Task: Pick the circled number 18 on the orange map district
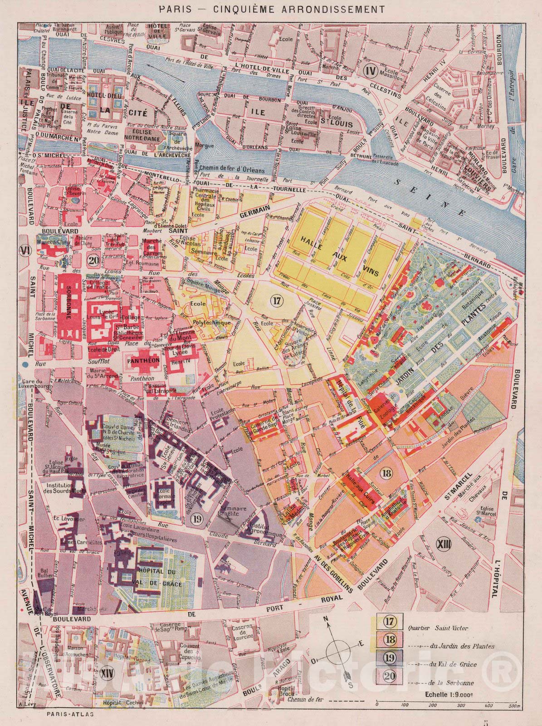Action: (x=386, y=474)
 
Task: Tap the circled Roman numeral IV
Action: (x=371, y=70)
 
